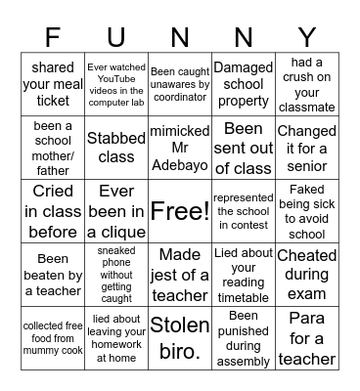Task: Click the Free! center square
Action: pos(179,210)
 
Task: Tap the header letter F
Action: pos(53,38)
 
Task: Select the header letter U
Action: pos(116,38)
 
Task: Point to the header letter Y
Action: pos(306,38)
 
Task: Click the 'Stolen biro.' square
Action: pos(179,337)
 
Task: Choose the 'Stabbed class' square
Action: pos(116,147)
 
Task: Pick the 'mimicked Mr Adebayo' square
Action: pos(179,147)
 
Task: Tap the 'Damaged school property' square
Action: pos(243,83)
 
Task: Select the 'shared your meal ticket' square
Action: pos(53,83)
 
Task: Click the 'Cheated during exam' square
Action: pos(306,274)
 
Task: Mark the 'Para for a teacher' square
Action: pos(306,337)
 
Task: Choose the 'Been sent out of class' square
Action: pos(243,147)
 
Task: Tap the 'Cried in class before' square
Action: pos(53,210)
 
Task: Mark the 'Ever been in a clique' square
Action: pos(116,210)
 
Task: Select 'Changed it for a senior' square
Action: pos(306,147)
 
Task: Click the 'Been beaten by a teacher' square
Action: pos(53,274)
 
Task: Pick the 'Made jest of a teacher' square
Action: pos(179,274)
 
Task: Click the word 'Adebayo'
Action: pos(179,164)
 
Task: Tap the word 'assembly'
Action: pos(243,362)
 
